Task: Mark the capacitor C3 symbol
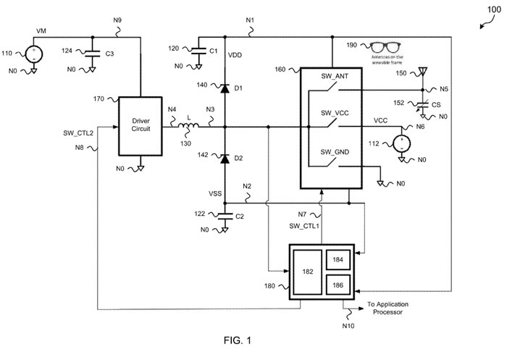pos(93,52)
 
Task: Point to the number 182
pos(307,272)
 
